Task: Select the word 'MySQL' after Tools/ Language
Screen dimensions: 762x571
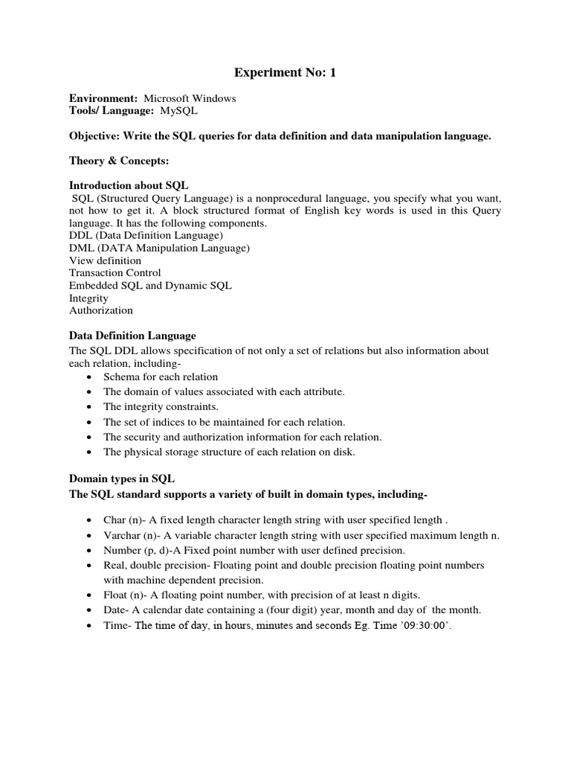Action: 179,111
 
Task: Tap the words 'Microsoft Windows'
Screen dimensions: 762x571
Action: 190,98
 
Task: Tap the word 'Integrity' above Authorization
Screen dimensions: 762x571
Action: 88,298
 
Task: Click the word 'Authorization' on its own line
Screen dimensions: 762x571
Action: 100,310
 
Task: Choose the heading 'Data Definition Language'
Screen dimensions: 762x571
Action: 132,336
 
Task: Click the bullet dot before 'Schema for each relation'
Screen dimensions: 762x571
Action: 89,377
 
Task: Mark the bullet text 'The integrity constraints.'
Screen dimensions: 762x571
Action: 161,407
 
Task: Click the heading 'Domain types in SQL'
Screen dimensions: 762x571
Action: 121,479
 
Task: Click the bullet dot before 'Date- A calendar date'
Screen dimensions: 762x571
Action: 89,611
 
